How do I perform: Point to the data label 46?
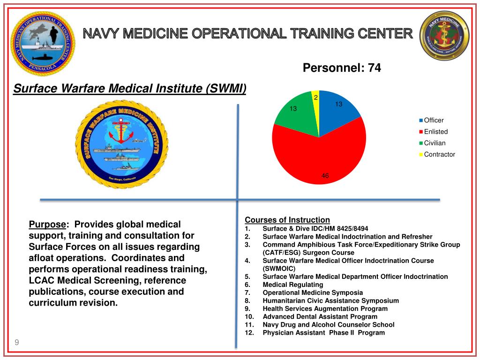325,176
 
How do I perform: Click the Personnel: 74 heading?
342,68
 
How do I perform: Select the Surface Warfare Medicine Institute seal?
121,145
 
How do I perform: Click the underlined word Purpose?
47,224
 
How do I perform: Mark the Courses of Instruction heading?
287,220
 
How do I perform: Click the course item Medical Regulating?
292,285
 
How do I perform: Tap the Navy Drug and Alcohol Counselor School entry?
328,324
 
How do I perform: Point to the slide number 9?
17,343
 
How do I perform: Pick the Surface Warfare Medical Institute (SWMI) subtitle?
129,89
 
